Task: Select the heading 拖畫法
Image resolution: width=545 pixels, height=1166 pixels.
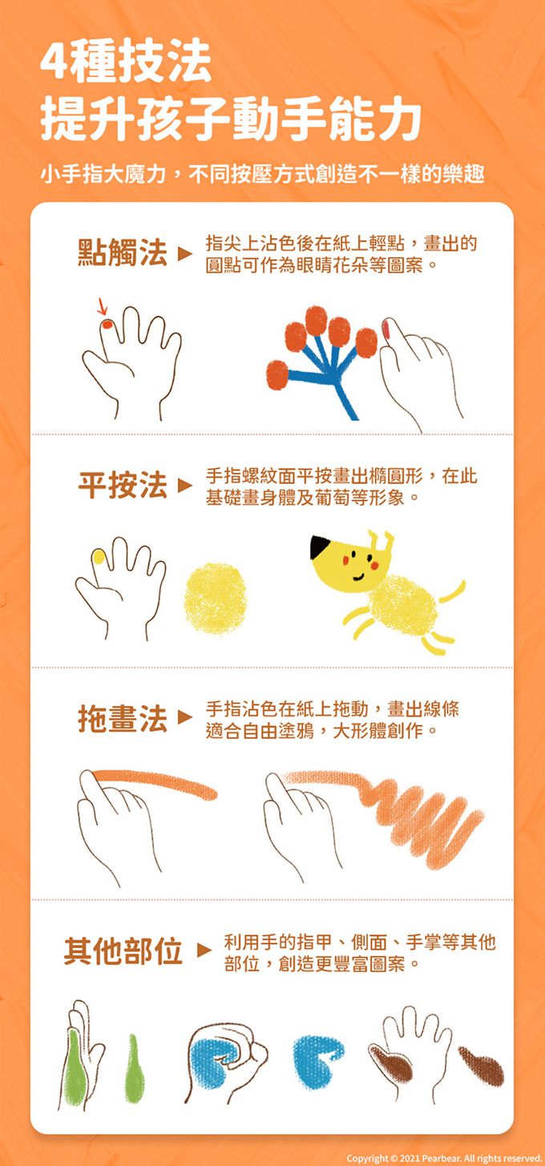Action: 123,719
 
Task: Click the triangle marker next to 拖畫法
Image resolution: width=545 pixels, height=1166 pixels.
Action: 184,719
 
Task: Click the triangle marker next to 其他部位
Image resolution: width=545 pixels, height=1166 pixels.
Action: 204,950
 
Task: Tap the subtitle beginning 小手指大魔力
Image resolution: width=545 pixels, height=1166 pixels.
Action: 262,173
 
